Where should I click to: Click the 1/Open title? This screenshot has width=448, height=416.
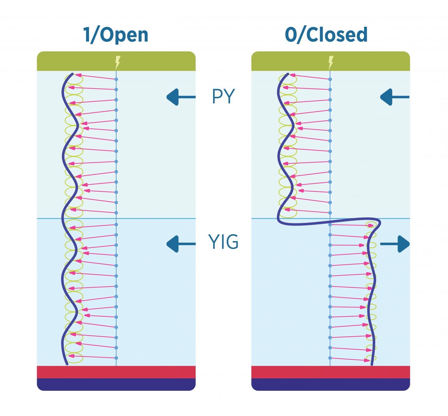click(x=116, y=35)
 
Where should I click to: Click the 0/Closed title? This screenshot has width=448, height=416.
click(x=326, y=35)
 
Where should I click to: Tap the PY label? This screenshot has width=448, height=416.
click(x=223, y=97)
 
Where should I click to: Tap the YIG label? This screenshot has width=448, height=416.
click(x=223, y=243)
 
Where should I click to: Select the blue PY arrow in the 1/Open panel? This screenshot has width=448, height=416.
click(x=181, y=97)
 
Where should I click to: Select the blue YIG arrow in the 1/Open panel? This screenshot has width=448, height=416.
click(x=181, y=243)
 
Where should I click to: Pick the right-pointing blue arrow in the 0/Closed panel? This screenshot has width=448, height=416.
click(x=394, y=243)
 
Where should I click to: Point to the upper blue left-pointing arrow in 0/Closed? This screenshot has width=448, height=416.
click(x=394, y=97)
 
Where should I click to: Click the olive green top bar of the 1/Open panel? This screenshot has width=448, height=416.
click(x=78, y=61)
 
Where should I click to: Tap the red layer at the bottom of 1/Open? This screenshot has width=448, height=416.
click(x=116, y=372)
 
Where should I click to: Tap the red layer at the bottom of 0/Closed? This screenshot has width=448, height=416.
click(x=330, y=372)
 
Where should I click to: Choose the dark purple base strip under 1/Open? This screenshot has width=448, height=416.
click(x=116, y=384)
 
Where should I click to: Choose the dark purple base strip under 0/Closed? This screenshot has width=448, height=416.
click(x=330, y=384)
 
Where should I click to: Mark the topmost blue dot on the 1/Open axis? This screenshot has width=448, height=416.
click(x=116, y=79)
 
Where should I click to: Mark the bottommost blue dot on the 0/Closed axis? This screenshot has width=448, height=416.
click(x=330, y=358)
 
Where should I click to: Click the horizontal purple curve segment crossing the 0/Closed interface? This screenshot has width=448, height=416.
click(x=327, y=222)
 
